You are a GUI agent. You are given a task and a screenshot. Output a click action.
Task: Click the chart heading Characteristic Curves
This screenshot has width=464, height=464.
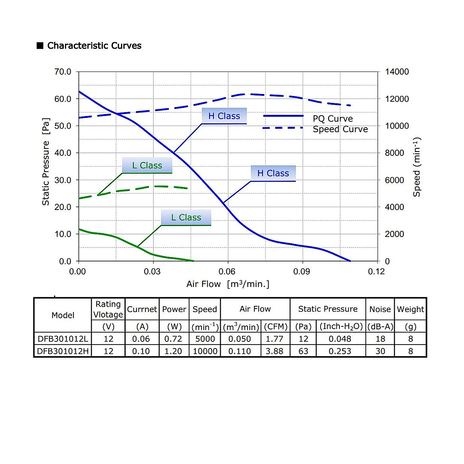(x=94, y=46)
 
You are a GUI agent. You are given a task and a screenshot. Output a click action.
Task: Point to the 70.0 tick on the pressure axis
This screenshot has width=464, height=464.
(x=63, y=72)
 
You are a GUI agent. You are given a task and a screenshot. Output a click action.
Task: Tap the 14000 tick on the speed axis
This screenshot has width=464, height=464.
(x=397, y=72)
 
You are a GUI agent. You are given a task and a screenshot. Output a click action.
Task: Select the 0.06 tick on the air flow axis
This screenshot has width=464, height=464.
(x=227, y=271)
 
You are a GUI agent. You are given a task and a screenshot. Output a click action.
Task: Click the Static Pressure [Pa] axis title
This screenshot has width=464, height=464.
(x=46, y=162)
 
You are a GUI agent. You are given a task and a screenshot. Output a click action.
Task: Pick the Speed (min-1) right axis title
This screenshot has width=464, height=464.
(x=416, y=167)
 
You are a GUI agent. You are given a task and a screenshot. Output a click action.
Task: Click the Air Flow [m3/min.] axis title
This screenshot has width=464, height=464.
(x=228, y=284)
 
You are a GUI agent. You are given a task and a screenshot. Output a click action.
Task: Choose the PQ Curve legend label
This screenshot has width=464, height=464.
(x=333, y=119)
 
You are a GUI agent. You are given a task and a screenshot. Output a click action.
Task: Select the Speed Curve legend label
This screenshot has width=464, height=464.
(x=340, y=129)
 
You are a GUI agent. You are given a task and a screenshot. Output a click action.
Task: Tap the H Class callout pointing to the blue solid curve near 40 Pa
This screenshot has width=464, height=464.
(x=224, y=116)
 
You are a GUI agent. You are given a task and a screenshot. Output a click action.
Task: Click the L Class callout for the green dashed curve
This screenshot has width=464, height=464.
(x=147, y=165)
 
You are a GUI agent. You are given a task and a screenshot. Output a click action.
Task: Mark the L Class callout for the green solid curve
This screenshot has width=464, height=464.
(x=186, y=218)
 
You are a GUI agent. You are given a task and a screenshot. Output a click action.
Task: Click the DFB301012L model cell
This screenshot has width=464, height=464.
(x=63, y=339)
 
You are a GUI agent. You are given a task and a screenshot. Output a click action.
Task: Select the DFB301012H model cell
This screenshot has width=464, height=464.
(x=63, y=351)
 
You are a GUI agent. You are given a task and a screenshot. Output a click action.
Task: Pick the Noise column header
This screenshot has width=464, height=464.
(x=380, y=309)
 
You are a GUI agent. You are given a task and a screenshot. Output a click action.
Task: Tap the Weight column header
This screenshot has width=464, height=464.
(x=410, y=309)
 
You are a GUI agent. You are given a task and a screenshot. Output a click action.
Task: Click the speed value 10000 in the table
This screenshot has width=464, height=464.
(x=205, y=351)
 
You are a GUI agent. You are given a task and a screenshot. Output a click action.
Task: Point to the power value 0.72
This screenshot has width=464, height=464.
(x=173, y=339)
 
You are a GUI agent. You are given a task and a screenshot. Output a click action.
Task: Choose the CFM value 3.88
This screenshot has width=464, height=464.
(x=274, y=351)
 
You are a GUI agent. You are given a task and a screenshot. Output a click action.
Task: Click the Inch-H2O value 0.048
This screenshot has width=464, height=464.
(x=340, y=339)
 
